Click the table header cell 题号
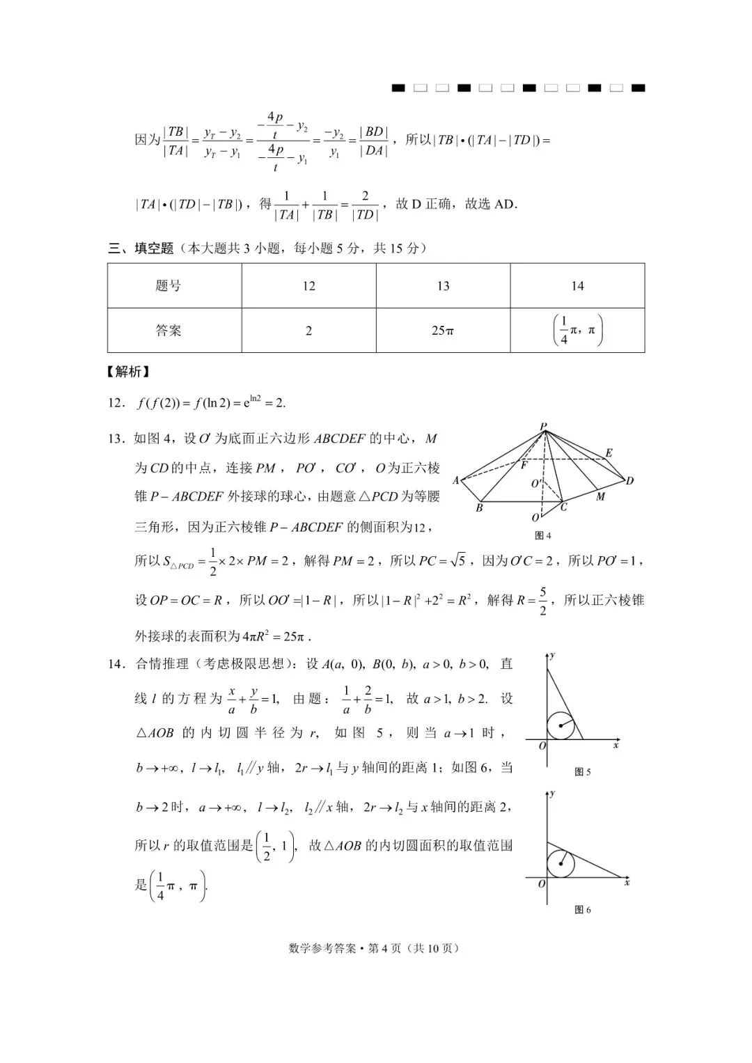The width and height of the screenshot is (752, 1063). (169, 285)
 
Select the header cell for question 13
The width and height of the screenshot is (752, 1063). (443, 285)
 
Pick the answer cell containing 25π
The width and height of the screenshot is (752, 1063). (443, 331)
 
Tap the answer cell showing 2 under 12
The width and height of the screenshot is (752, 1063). (308, 331)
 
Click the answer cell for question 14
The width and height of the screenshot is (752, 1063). (577, 331)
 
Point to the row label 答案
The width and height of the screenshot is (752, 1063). (169, 331)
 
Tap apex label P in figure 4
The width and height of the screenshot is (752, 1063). (543, 426)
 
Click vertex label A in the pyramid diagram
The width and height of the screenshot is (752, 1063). (456, 480)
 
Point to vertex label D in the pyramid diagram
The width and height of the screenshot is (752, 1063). (629, 481)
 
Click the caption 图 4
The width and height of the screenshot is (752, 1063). (543, 535)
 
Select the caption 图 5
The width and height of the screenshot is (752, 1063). (582, 771)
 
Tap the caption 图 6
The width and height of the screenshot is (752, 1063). (582, 909)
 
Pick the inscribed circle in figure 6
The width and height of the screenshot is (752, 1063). (561, 865)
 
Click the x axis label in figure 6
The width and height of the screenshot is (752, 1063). (627, 882)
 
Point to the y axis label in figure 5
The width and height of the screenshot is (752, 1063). (552, 656)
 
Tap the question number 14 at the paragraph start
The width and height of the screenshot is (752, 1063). (116, 664)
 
